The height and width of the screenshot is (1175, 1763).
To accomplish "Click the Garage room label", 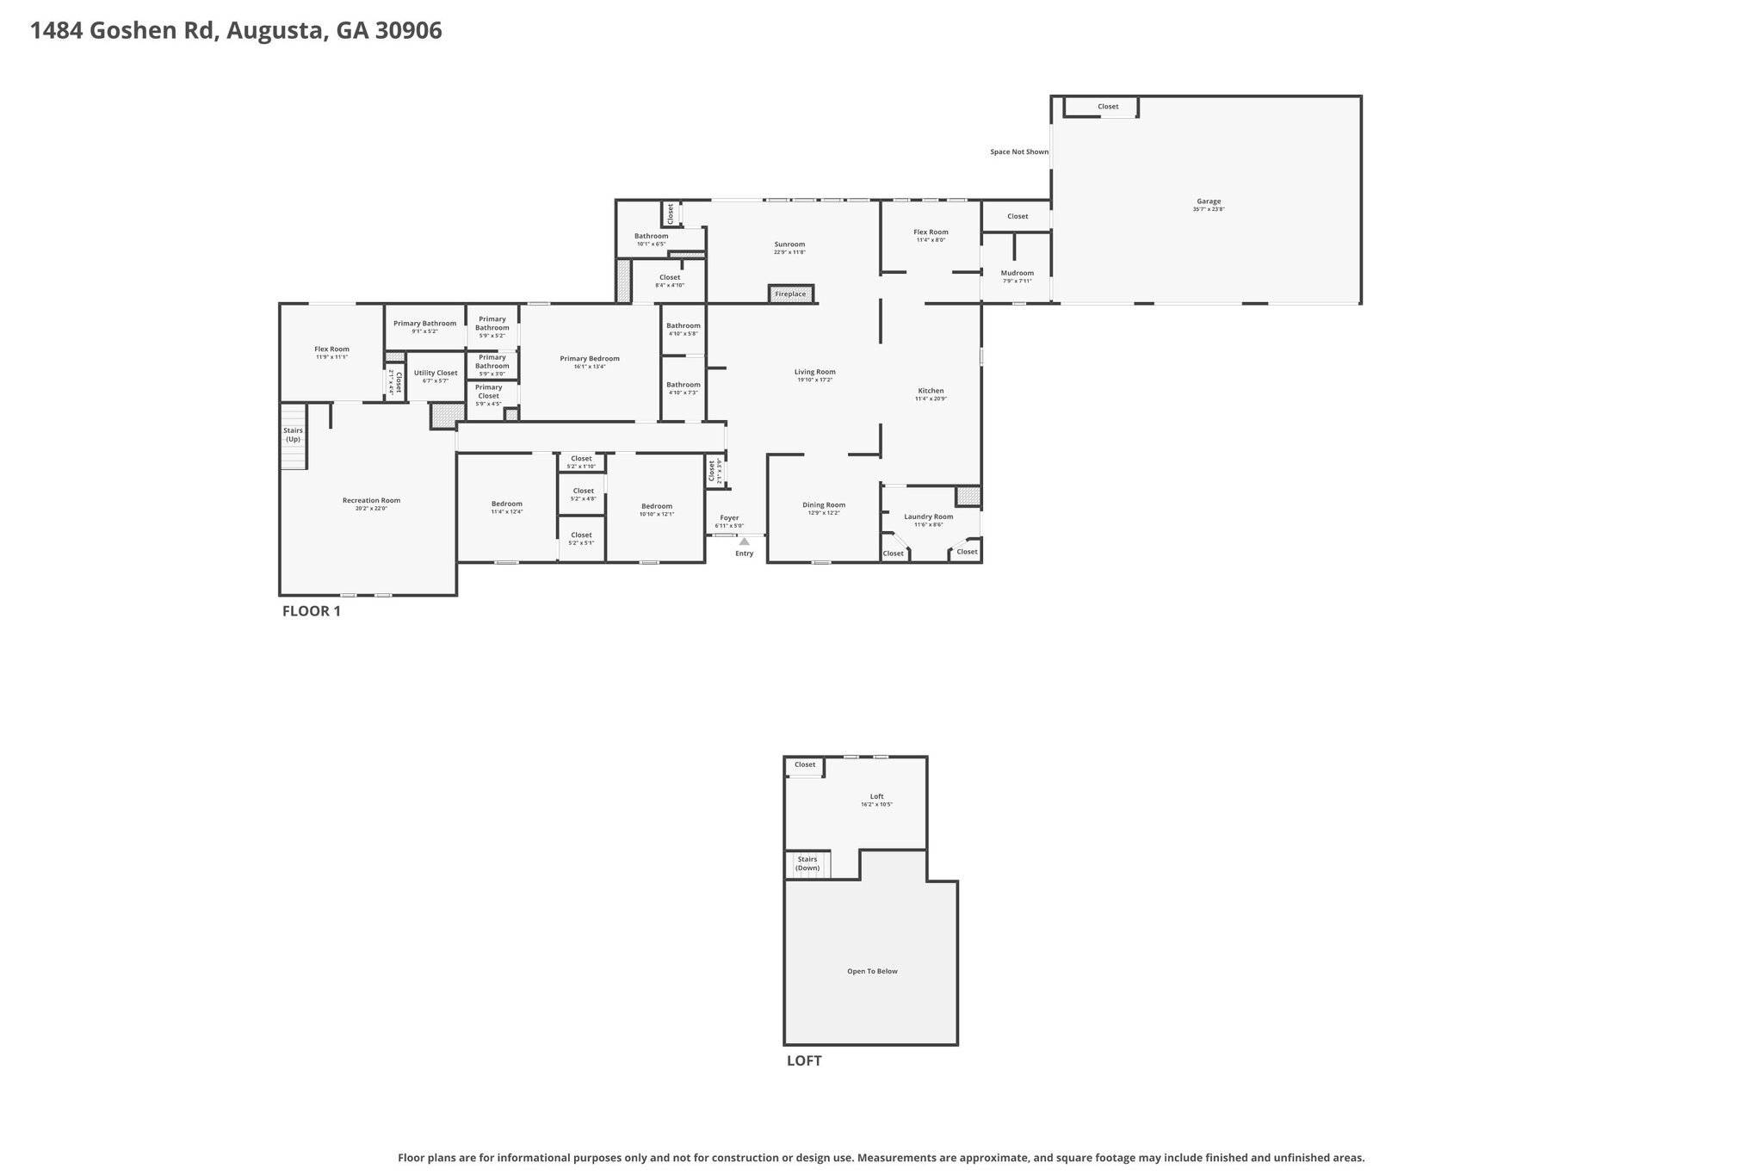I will pyautogui.click(x=1208, y=201).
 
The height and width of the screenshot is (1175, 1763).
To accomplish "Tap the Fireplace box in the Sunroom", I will pyautogui.click(x=790, y=294).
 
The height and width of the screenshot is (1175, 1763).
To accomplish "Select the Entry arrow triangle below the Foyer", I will pyautogui.click(x=744, y=541).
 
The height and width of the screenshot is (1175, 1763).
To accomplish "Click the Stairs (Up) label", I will pyautogui.click(x=293, y=435).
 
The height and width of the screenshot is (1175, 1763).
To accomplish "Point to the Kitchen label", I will pyautogui.click(x=930, y=391).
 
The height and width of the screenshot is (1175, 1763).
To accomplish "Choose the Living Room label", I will pyautogui.click(x=814, y=372).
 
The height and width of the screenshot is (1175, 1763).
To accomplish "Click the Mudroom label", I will pyautogui.click(x=1017, y=273).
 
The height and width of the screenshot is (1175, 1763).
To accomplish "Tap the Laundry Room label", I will pyautogui.click(x=928, y=516).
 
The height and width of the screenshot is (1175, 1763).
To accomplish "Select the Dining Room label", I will pyautogui.click(x=823, y=505).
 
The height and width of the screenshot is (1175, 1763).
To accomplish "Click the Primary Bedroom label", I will pyautogui.click(x=589, y=359).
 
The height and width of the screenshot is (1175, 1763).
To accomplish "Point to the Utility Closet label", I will pyautogui.click(x=436, y=373).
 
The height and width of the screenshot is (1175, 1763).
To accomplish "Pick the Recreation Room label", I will pyautogui.click(x=371, y=500).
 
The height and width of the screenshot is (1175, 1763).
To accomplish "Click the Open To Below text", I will pyautogui.click(x=872, y=971).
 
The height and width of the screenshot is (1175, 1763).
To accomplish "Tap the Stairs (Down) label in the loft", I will pyautogui.click(x=807, y=863).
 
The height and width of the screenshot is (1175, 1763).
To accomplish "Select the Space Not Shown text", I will pyautogui.click(x=1018, y=152).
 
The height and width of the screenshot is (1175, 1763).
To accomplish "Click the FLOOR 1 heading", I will pyautogui.click(x=311, y=611).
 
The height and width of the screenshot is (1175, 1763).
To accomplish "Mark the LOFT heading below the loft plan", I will pyautogui.click(x=803, y=1061).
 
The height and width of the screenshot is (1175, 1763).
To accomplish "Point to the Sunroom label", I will pyautogui.click(x=789, y=244).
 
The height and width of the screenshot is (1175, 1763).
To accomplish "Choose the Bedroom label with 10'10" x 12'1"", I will pyautogui.click(x=656, y=506).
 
